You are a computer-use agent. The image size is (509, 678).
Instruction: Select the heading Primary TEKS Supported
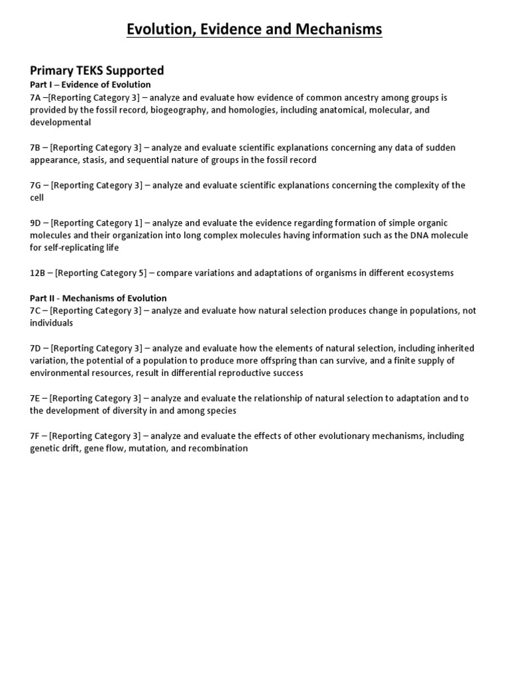coord(97,70)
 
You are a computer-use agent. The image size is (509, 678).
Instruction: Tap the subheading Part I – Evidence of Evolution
coord(90,85)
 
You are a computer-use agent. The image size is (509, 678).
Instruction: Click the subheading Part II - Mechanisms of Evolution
coord(98,298)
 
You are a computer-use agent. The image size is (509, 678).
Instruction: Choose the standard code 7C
coord(36,311)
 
